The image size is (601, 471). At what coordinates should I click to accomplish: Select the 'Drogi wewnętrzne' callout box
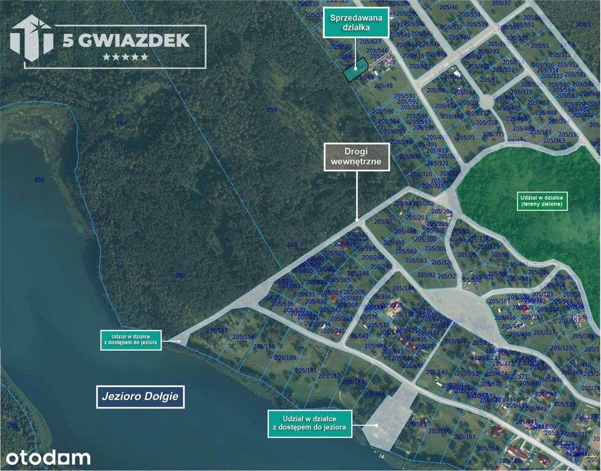click(357, 157)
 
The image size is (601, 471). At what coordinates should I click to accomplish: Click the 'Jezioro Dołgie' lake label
click(140, 396)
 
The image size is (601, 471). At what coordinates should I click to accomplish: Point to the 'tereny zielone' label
click(543, 201)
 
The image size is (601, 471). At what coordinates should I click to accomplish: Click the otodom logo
click(48, 458)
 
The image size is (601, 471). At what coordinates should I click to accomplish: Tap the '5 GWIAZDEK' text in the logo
click(126, 40)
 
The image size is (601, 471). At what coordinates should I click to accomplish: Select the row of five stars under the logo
click(125, 56)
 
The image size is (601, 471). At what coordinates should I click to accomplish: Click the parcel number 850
click(40, 179)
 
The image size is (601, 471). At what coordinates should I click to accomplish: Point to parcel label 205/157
click(217, 331)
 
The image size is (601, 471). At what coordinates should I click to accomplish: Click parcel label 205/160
click(285, 358)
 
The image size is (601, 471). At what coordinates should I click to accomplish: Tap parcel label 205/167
click(465, 436)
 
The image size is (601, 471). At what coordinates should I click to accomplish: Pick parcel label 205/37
click(502, 3)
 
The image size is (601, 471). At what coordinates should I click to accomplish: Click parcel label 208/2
click(583, 25)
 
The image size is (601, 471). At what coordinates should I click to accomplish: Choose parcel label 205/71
click(466, 137)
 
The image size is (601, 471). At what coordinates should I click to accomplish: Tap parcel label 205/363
click(554, 140)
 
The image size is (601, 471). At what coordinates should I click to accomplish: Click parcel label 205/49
click(384, 86)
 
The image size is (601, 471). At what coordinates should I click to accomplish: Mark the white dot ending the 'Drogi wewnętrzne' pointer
click(357, 219)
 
